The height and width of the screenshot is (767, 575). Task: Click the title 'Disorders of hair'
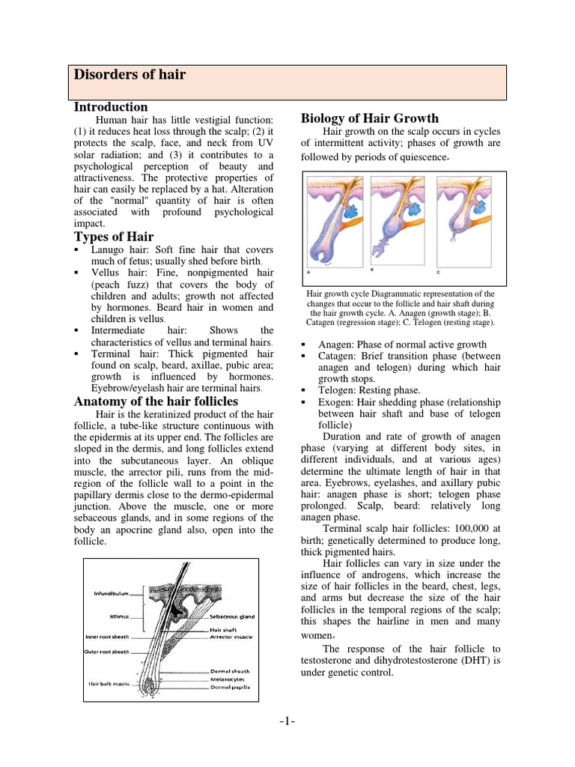click(129, 75)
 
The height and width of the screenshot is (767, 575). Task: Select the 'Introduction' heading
click(111, 107)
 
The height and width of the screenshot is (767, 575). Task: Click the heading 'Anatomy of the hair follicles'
click(156, 401)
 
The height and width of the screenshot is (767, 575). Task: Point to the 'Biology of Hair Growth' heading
click(369, 118)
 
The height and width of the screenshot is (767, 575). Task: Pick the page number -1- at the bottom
click(287, 721)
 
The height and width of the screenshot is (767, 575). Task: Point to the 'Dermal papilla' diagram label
click(231, 686)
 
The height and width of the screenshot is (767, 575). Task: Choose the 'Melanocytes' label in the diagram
click(229, 679)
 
